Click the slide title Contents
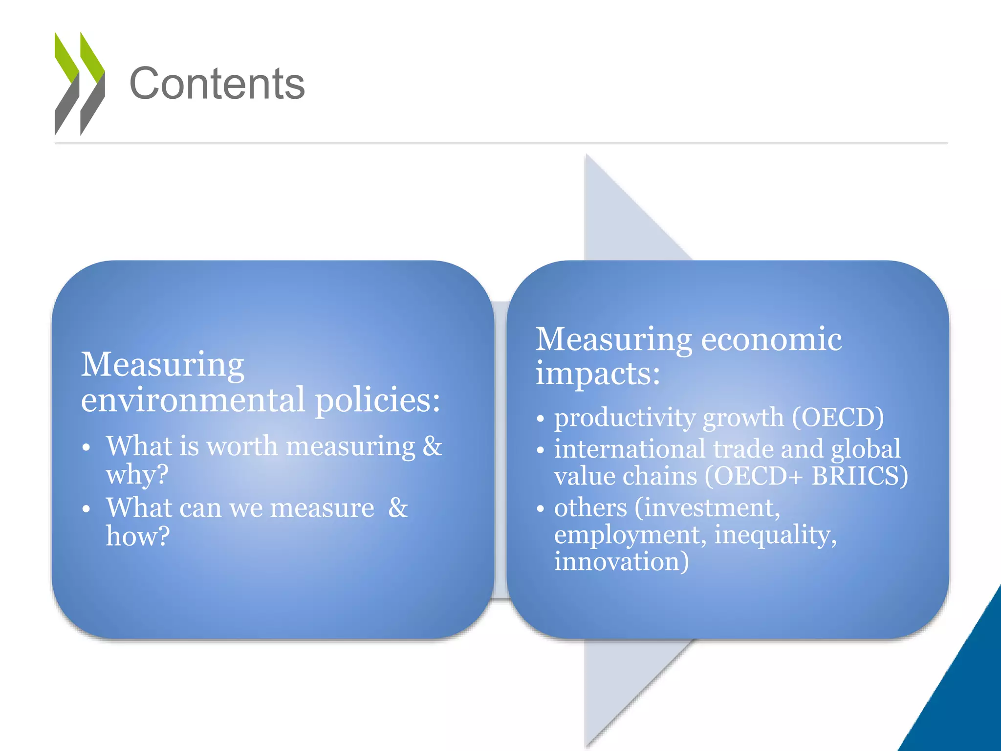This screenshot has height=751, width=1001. click(x=217, y=84)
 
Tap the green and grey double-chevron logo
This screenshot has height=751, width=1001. click(x=80, y=84)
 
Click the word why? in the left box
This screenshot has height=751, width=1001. click(x=137, y=474)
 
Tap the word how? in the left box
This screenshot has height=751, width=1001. click(x=138, y=536)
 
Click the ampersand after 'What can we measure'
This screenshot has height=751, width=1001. click(x=398, y=508)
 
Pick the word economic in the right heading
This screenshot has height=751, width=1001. click(x=772, y=339)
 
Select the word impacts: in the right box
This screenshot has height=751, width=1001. click(x=598, y=374)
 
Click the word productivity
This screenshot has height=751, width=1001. click(x=625, y=418)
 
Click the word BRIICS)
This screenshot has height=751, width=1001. click(x=860, y=476)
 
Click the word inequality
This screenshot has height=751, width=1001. click(x=775, y=535)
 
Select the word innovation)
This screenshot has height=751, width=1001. click(x=621, y=561)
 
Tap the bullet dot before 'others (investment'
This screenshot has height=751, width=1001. click(x=540, y=509)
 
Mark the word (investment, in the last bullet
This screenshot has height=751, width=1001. click(x=707, y=508)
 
